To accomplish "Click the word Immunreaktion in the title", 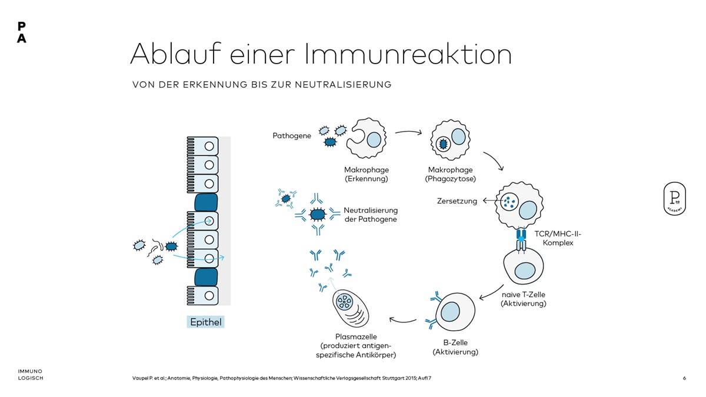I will (x=408, y=54).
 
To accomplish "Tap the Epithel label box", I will (x=206, y=322).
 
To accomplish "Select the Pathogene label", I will (x=292, y=136).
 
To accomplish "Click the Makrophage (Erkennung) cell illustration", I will (x=366, y=139).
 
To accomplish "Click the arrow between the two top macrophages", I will (x=408, y=132).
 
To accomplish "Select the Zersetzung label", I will (x=457, y=201).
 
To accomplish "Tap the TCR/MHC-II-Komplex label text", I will (x=558, y=238).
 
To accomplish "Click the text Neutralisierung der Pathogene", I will (x=371, y=215).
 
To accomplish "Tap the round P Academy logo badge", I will (x=674, y=198).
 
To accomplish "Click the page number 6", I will (x=684, y=378).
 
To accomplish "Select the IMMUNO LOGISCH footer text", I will (x=30, y=375).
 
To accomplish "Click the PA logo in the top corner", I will (x=22, y=32).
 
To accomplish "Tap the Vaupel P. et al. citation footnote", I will (x=282, y=378).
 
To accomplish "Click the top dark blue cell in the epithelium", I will (x=206, y=202).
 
